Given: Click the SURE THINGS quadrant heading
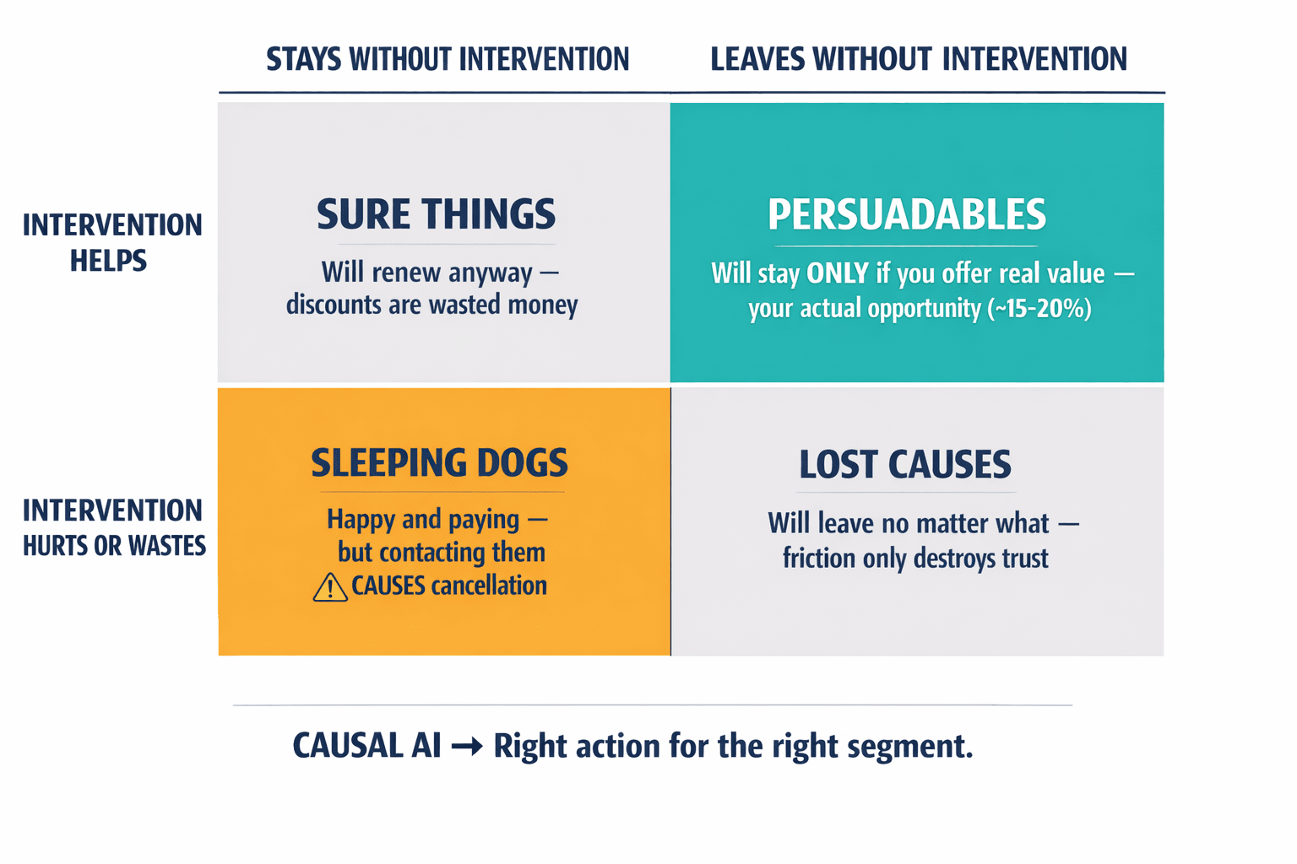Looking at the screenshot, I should point(436,214).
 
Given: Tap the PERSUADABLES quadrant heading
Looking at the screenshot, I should point(907,215).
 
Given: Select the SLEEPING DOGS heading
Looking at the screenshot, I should point(439,463).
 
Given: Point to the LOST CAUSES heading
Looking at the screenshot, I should point(905,465).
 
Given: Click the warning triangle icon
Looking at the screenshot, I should point(329,587).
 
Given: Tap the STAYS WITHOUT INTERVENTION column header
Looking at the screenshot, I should point(448,60).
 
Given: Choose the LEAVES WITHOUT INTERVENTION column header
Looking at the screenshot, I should point(919,59).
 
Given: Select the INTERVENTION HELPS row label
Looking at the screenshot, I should point(111,243).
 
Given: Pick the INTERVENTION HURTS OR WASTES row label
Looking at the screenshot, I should point(114,528).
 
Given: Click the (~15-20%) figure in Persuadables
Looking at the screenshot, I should point(1039,309).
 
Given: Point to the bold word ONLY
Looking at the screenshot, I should point(838,273).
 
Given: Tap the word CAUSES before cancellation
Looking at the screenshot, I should point(388,586).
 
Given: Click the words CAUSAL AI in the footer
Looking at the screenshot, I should point(366,746).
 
